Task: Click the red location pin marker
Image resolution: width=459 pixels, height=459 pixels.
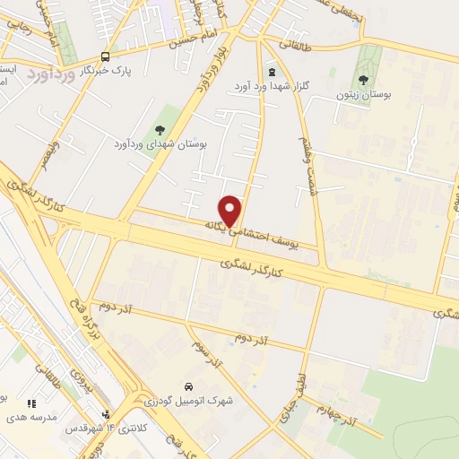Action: [x=231, y=210]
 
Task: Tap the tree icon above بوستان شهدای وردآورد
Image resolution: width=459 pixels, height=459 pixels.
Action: [x=160, y=133]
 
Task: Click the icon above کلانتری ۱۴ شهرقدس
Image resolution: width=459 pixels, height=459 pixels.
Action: [x=106, y=414]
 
